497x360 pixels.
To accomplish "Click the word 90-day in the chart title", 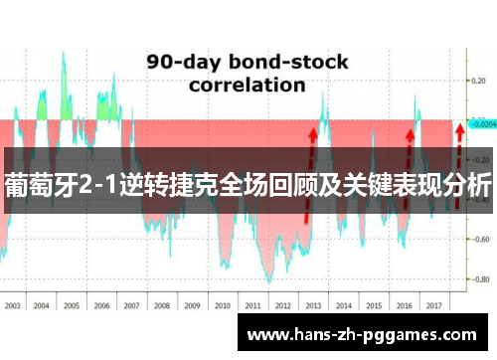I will (180, 62).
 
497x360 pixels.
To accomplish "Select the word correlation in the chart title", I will (247, 85).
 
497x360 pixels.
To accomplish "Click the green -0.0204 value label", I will (482, 125).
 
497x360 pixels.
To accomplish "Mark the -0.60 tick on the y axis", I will (480, 239).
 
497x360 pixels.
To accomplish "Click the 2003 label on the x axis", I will (13, 306).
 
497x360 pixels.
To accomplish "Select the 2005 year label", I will (72, 306).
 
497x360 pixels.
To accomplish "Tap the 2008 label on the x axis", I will (161, 306).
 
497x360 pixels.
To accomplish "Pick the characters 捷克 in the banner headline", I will (205, 186).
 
